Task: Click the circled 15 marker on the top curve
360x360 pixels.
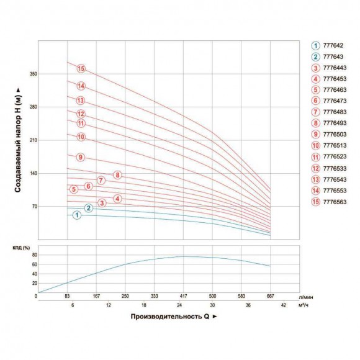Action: pyautogui.click(x=80, y=68)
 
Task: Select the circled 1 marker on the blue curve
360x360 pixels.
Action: pyautogui.click(x=77, y=215)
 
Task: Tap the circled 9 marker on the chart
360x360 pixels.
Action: pyautogui.click(x=80, y=157)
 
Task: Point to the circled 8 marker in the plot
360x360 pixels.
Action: pyautogui.click(x=117, y=175)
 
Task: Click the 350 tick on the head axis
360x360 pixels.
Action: pyautogui.click(x=34, y=74)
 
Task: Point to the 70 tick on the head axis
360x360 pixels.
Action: pyautogui.click(x=35, y=207)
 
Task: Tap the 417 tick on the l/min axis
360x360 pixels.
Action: pyautogui.click(x=183, y=297)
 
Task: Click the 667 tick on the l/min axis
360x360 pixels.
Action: pyautogui.click(x=270, y=297)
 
